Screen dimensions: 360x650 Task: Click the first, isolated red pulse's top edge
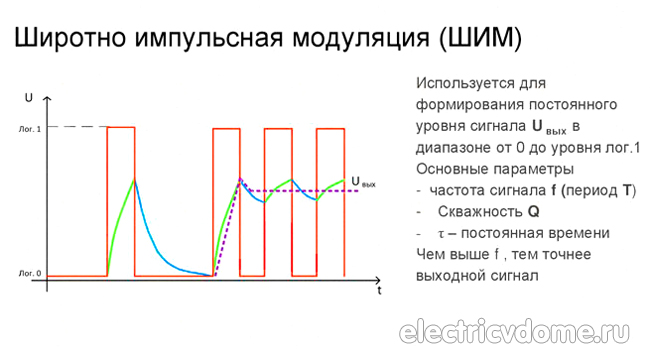click(121, 127)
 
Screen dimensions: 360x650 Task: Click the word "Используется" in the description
click(462, 83)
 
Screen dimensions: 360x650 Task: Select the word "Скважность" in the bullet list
click(479, 212)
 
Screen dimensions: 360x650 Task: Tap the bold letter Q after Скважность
click(534, 212)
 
